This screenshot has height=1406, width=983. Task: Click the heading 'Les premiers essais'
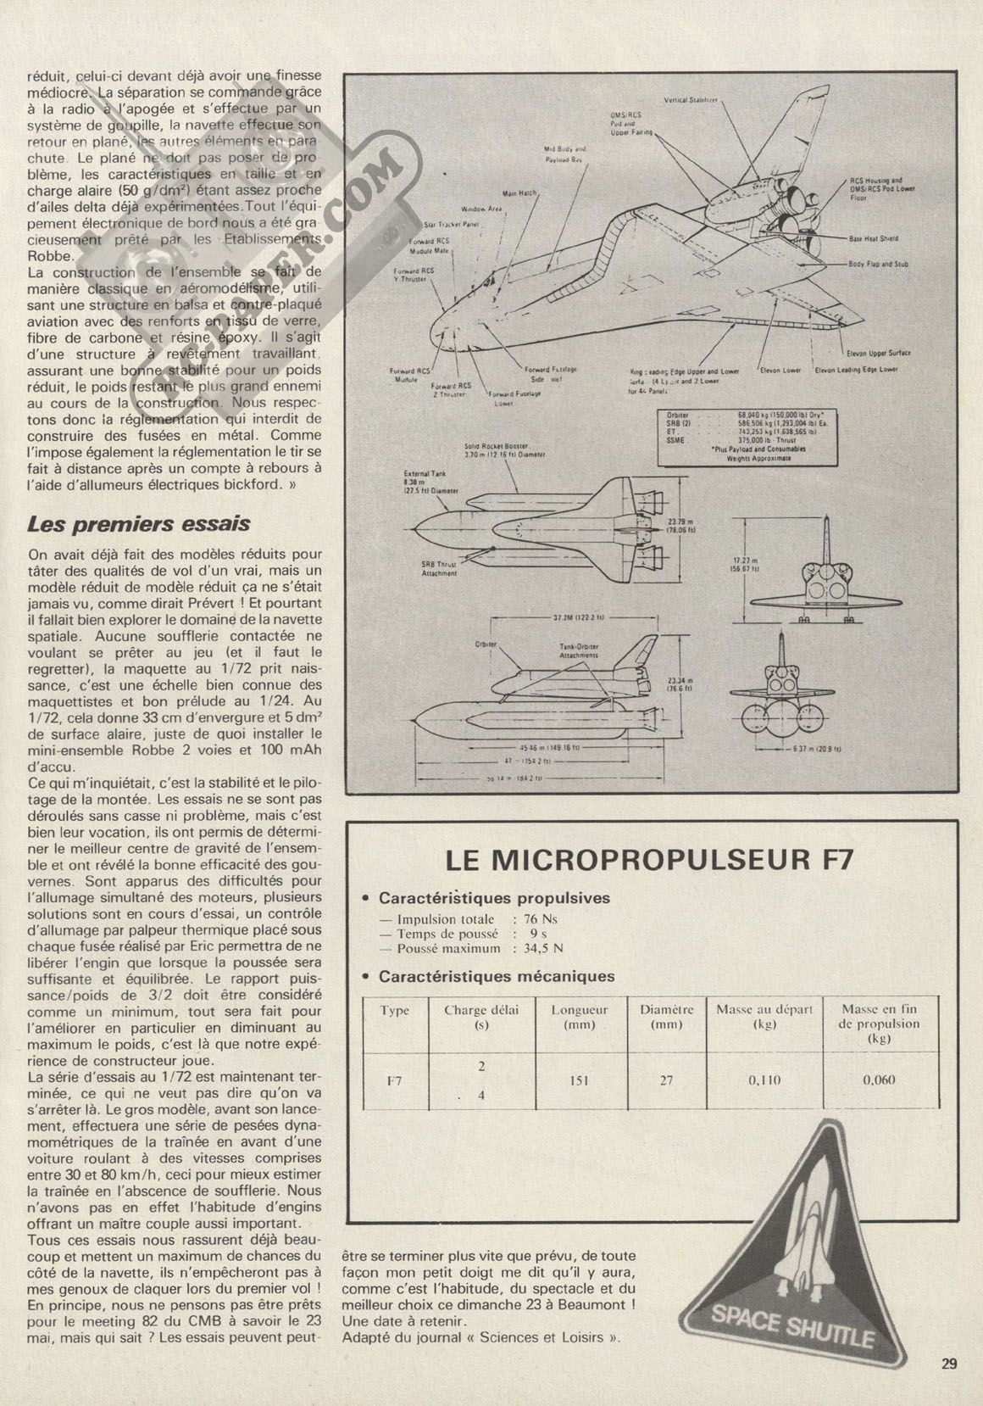139,523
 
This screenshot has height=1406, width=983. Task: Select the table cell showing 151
580,1080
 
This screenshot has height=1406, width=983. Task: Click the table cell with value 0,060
879,1080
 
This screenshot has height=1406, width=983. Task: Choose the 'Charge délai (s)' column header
480,1016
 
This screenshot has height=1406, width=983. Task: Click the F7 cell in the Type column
394,1080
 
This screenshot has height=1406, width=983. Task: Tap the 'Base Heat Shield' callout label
873,239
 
